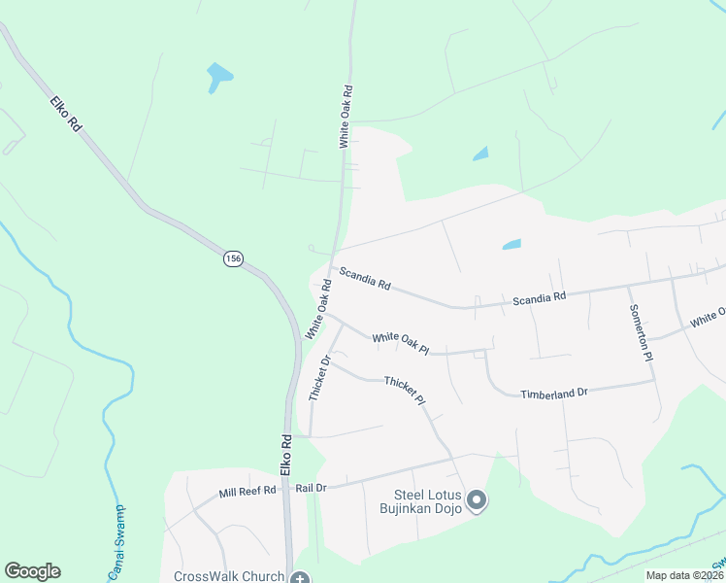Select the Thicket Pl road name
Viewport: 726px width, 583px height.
[x=405, y=391]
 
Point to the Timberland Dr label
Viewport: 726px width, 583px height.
[x=554, y=394]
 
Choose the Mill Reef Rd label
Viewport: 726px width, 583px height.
[x=247, y=491]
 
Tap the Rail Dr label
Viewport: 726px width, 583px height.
[x=311, y=488]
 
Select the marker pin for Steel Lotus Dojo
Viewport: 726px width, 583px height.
[x=477, y=501]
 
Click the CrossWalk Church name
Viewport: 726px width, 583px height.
[x=229, y=576]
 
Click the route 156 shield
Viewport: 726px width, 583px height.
[x=232, y=258]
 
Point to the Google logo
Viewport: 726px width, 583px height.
[x=32, y=571]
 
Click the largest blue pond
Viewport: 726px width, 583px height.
[x=219, y=77]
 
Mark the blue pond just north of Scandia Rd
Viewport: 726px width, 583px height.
[x=511, y=245]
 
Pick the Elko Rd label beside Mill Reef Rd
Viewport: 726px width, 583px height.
[x=286, y=454]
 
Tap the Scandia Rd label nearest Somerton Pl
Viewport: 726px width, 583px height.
[x=539, y=297]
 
